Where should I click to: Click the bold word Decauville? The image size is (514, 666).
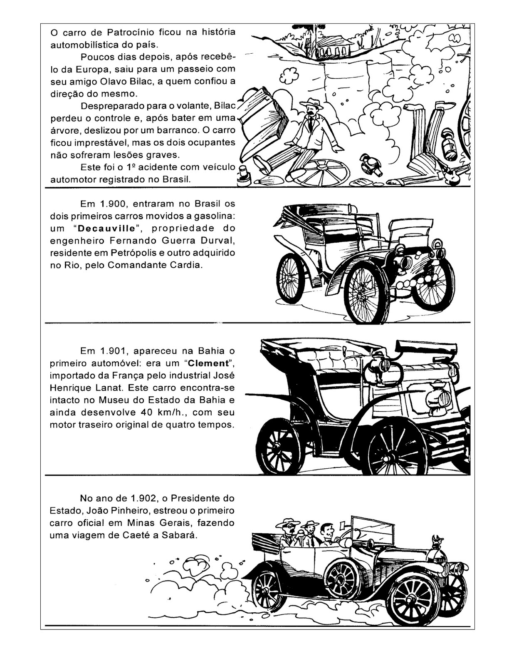click(106, 229)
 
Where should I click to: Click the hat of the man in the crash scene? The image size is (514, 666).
click(311, 104)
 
